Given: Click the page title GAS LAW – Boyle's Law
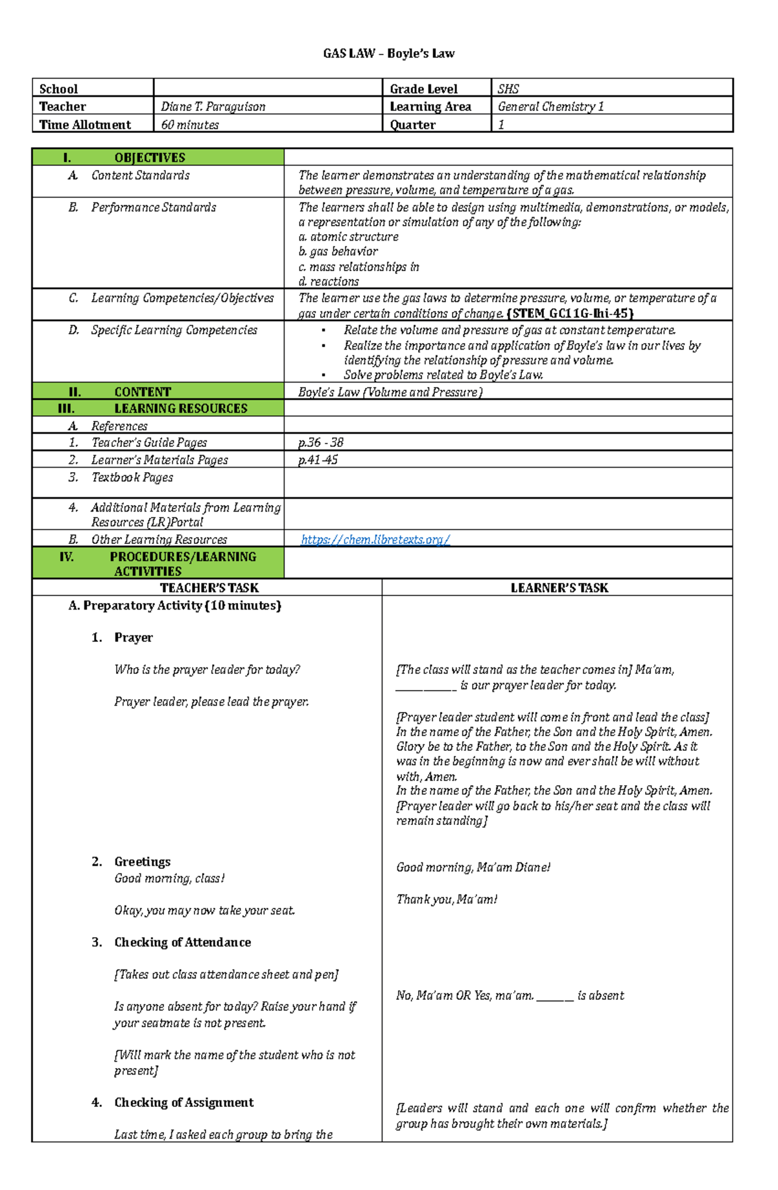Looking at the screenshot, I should pos(388,54).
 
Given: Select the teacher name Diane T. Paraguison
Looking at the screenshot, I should pos(213,106).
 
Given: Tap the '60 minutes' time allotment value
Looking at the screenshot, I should pos(189,125).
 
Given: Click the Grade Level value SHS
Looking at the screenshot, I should pos(508,89).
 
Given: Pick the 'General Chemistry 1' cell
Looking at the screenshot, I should pos(550,106).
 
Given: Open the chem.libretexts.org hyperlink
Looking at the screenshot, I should pos(375,540).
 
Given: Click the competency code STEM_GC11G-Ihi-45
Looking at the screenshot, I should pos(570,314).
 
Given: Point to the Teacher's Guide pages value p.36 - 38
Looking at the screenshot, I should pos(320,443).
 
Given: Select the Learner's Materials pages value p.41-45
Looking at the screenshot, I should pos(318,460).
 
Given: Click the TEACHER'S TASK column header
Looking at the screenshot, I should pos(209,588).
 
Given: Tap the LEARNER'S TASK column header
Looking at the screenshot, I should pos(559,588).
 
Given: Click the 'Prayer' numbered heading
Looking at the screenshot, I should pos(134,637).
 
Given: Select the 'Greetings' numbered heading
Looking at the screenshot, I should pos(142,862).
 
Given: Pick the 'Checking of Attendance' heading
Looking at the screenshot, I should pos(182,942).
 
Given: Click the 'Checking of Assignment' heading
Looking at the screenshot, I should pos(183,1102).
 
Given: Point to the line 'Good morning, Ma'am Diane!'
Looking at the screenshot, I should pos(473,868).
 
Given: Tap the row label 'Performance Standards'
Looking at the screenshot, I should pos(154,208).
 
